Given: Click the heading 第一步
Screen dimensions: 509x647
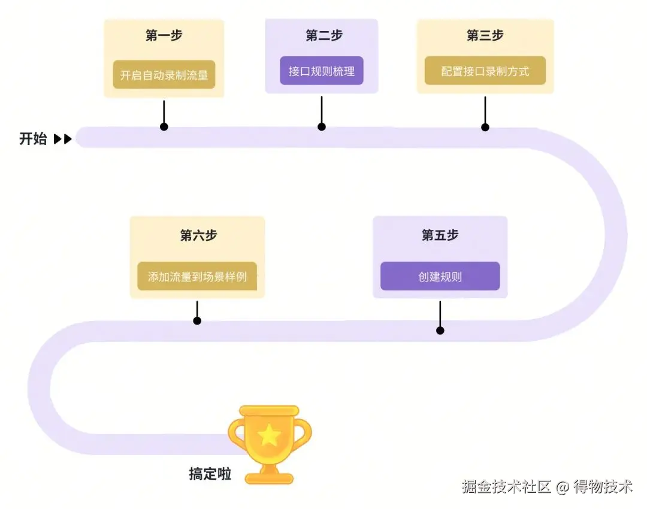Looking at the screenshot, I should click(x=164, y=36).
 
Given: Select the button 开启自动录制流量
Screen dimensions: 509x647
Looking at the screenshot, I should click(x=164, y=75).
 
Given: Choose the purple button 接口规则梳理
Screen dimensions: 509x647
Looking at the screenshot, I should click(x=322, y=71).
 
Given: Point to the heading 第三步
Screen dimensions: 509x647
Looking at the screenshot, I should click(x=485, y=36).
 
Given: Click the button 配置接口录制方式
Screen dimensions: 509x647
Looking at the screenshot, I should click(x=485, y=71).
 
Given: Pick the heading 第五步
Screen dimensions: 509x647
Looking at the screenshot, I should click(x=440, y=235).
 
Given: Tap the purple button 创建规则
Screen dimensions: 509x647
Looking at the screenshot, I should click(x=440, y=277).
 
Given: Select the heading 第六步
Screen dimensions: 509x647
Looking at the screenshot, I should click(x=198, y=235).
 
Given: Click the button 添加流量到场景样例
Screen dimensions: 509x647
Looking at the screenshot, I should click(x=197, y=277).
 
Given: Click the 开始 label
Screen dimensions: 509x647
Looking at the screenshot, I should click(x=33, y=140).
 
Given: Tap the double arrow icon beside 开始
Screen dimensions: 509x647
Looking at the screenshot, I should click(x=63, y=140).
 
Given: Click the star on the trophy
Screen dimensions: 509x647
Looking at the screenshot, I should click(x=269, y=435).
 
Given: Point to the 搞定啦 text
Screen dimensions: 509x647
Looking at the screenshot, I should click(x=210, y=474).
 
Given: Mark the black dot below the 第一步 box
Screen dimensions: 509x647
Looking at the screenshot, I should click(x=164, y=127).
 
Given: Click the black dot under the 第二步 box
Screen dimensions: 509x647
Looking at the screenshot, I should click(x=322, y=127).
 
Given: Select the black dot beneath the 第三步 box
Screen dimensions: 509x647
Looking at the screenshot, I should click(x=485, y=127).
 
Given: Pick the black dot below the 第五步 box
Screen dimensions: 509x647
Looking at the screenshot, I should click(x=440, y=331).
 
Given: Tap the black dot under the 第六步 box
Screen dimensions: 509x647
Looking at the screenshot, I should click(x=197, y=321).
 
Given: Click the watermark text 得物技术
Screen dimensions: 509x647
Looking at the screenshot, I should click(x=603, y=487).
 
